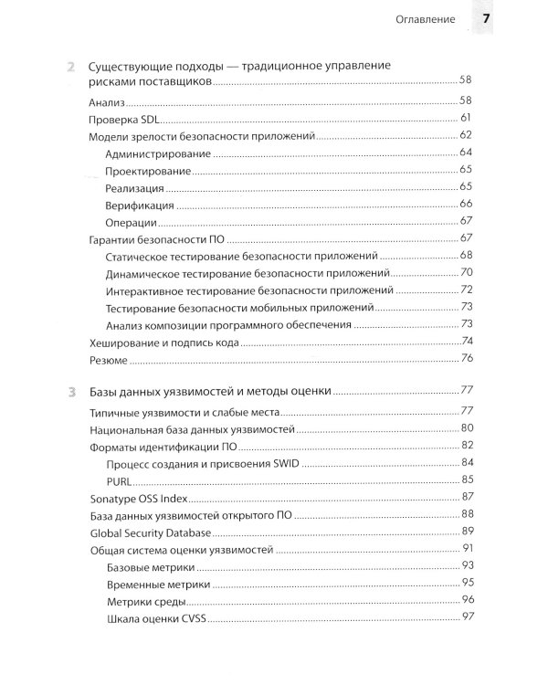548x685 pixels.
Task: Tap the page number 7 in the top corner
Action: point(487,19)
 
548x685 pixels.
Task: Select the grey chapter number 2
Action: point(71,67)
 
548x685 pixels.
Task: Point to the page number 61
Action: point(465,118)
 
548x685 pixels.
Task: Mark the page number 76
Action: point(465,360)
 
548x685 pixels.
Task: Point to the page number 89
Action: point(465,532)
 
